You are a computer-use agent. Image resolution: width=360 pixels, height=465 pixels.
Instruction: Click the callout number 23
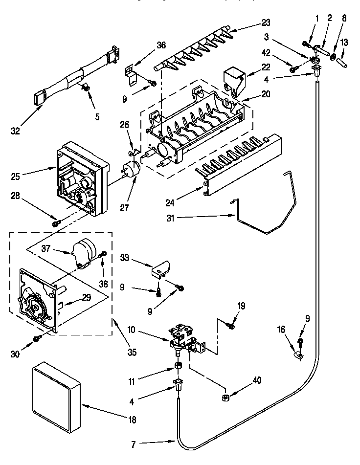coord(265,22)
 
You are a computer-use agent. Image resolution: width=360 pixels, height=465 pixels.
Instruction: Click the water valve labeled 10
coord(182,338)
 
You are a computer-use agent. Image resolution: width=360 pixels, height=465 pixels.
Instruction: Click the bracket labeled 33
coord(161,268)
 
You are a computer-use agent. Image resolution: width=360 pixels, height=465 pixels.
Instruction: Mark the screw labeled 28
coord(55,223)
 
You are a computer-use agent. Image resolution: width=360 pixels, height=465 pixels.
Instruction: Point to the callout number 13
coord(344,43)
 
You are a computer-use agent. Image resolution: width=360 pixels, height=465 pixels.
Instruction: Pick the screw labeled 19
coord(230,325)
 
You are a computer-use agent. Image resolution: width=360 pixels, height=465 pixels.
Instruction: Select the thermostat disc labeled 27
coord(132,170)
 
